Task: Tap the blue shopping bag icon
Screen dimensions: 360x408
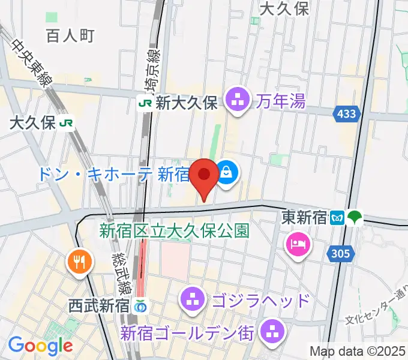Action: click(x=227, y=173)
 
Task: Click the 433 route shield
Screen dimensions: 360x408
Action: click(x=346, y=113)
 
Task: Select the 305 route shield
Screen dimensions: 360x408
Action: click(x=339, y=254)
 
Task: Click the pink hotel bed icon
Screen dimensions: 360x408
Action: click(x=298, y=244)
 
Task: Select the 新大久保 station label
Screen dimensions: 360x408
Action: click(x=187, y=103)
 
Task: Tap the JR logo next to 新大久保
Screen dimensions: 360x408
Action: click(x=145, y=103)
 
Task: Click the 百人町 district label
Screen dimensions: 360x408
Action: click(x=70, y=35)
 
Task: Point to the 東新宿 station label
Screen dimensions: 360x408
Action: click(x=304, y=217)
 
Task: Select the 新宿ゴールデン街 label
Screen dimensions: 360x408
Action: click(x=188, y=331)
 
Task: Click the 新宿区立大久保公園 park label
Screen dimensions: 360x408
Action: click(x=174, y=230)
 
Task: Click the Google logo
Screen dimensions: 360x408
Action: click(x=40, y=346)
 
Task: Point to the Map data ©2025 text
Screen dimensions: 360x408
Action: click(x=356, y=350)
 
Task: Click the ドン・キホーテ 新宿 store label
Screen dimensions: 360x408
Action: click(x=113, y=175)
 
